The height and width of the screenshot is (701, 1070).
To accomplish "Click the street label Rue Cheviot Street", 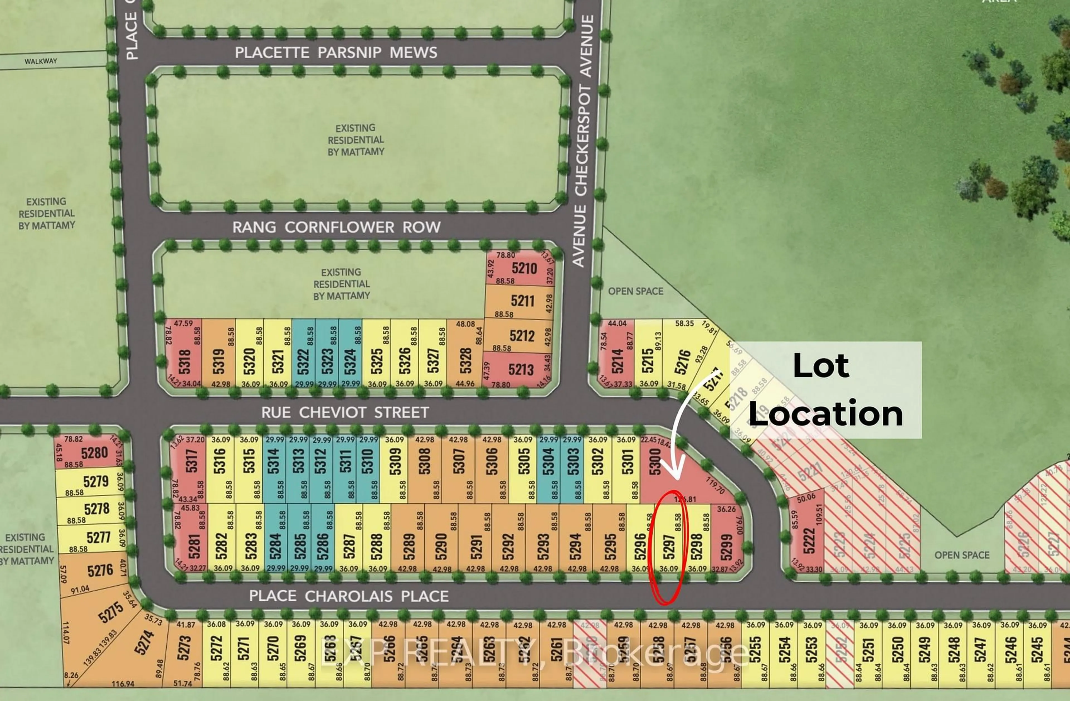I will (345, 412).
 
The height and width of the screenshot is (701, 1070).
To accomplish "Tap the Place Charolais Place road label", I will (349, 596).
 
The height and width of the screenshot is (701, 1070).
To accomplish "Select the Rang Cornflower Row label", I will (336, 227).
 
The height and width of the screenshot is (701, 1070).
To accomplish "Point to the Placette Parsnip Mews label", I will (336, 53).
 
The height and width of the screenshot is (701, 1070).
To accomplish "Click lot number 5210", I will (524, 269).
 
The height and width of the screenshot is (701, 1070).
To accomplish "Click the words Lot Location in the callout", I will (825, 390).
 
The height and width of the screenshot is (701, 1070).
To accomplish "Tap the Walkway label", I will (41, 61).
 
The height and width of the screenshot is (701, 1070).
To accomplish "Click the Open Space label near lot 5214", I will (635, 291).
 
